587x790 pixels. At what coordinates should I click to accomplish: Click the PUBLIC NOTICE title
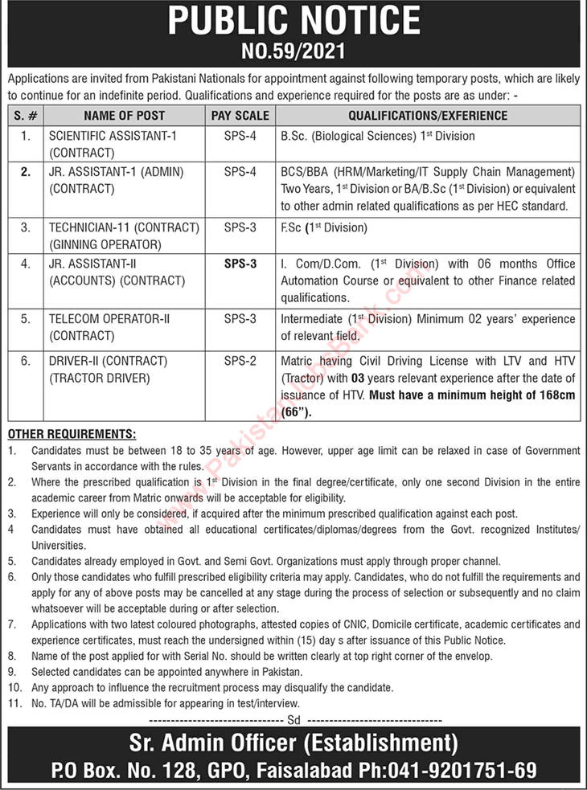[293, 21]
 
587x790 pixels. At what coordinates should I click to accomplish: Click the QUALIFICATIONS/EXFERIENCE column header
[428, 116]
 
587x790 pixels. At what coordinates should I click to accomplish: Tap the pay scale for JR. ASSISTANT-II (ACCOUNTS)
[240, 264]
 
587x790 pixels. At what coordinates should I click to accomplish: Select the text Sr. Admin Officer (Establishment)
[294, 742]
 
